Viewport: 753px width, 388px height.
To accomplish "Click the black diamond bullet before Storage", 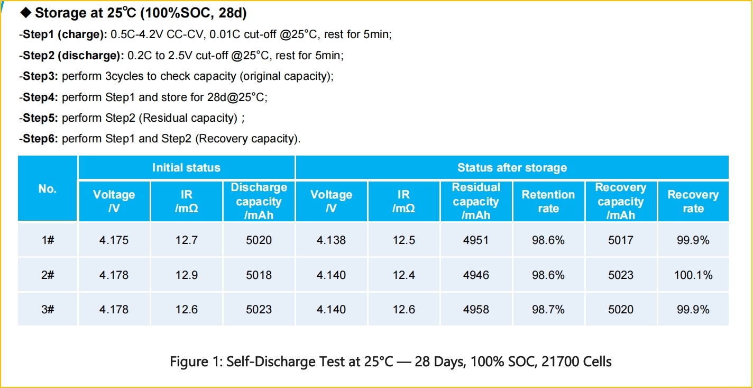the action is tap(26, 13).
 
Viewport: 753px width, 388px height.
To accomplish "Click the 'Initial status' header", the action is tap(186, 168).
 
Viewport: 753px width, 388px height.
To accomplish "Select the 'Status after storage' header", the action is tap(512, 168).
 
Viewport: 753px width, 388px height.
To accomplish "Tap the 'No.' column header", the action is tap(47, 189).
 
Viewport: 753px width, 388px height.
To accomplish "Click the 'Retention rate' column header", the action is tap(548, 201).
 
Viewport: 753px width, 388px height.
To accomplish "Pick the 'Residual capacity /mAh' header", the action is tap(476, 201).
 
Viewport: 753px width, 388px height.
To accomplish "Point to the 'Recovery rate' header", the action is tap(693, 201).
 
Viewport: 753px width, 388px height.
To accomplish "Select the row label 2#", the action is tap(48, 275).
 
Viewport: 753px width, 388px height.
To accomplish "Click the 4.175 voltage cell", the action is tap(114, 240).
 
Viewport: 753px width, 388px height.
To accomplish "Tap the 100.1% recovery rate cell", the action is tap(693, 275).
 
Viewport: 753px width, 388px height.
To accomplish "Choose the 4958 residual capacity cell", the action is tap(476, 309).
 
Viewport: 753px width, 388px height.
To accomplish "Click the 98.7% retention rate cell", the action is tap(548, 309).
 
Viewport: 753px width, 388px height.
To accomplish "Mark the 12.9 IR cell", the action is tap(186, 275).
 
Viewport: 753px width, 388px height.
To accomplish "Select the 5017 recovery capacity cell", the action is tap(621, 240).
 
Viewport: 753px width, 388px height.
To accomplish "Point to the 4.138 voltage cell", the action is tap(331, 240).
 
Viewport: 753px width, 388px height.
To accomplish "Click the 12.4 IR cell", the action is tap(403, 275).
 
